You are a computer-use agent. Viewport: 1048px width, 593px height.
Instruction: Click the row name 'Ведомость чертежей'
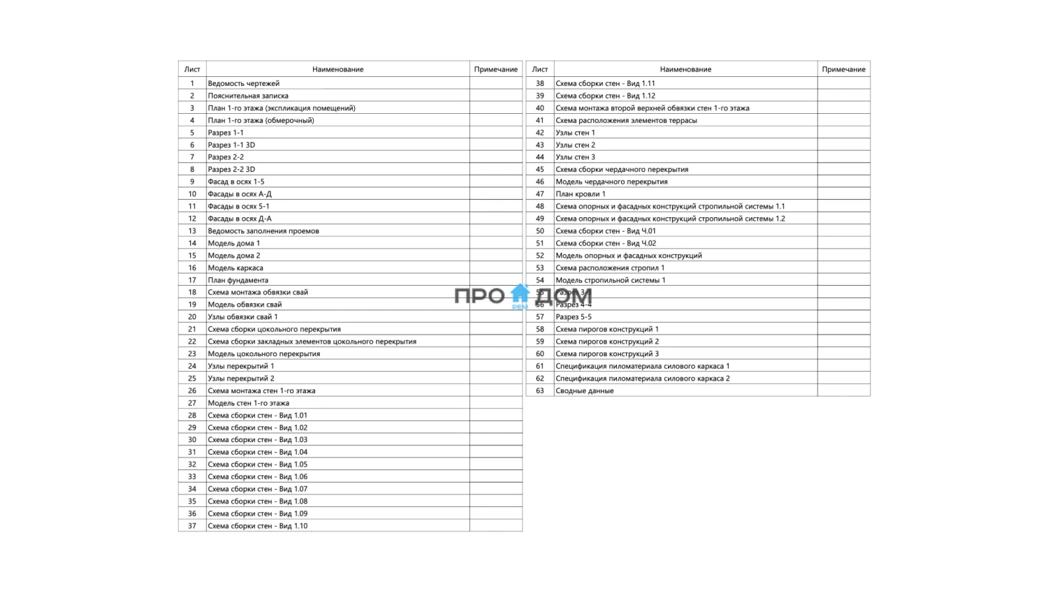tap(243, 83)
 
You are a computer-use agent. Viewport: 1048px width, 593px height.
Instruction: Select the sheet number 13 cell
tap(192, 231)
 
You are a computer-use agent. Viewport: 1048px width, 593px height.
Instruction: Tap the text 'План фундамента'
tap(238, 280)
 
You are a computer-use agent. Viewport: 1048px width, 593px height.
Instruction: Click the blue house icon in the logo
tap(520, 294)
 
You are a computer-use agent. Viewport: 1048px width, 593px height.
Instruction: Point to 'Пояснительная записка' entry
tap(248, 96)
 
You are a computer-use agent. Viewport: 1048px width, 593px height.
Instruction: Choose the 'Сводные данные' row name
tap(584, 391)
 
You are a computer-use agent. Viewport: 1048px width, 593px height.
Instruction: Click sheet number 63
tap(539, 391)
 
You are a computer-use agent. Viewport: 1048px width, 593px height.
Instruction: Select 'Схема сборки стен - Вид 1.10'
tap(257, 526)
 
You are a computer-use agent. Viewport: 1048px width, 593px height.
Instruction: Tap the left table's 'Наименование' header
tap(337, 69)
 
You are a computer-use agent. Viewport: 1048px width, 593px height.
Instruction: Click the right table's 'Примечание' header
tap(843, 69)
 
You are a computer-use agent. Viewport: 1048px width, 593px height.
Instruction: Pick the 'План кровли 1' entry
tap(580, 194)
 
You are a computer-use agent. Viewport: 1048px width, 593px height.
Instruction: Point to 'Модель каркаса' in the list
tap(235, 268)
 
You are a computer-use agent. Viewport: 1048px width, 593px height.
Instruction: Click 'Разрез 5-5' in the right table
tap(573, 317)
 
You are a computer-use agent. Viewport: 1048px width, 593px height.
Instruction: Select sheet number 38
tap(539, 83)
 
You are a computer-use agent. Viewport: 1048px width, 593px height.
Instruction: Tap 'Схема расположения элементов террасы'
tap(626, 120)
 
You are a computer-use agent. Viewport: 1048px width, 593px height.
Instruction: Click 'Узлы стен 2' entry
tap(575, 145)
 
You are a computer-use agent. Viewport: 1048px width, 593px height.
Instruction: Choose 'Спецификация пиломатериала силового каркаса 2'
tap(642, 379)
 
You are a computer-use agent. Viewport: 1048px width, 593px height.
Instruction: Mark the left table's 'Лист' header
tap(192, 69)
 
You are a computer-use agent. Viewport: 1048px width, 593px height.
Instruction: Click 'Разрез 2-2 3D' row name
tap(231, 170)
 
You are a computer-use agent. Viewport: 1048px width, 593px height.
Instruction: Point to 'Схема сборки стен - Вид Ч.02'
tap(605, 244)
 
